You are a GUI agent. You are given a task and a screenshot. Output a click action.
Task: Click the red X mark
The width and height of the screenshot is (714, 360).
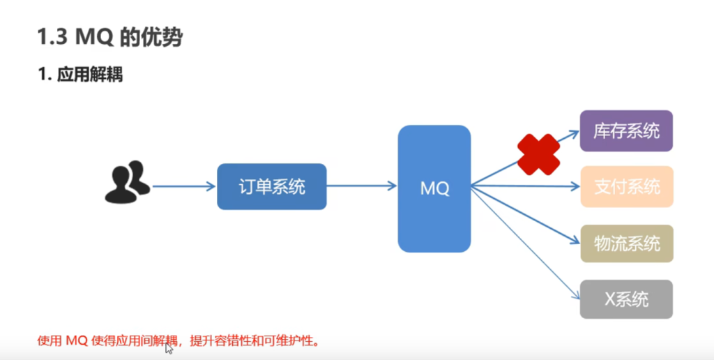[x=538, y=154]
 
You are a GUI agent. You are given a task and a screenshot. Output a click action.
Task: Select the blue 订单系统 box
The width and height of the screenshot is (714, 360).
[x=272, y=187]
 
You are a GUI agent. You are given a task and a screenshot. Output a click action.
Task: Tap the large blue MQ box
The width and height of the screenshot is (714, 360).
[x=434, y=188]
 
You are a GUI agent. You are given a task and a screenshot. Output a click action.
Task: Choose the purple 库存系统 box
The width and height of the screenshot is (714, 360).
[x=626, y=131]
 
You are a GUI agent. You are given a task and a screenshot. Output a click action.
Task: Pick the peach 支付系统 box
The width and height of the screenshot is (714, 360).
[x=626, y=187]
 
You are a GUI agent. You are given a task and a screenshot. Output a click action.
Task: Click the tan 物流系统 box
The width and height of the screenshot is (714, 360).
[x=626, y=243]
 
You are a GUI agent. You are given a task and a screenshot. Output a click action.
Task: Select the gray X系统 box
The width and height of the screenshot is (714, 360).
[x=626, y=299]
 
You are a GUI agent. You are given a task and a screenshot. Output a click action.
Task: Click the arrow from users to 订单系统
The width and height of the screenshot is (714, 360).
[x=183, y=187]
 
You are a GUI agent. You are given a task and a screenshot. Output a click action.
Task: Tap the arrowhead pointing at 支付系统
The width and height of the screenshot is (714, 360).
[x=575, y=187]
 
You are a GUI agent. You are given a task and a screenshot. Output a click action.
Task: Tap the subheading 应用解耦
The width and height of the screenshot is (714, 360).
[x=90, y=74]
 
